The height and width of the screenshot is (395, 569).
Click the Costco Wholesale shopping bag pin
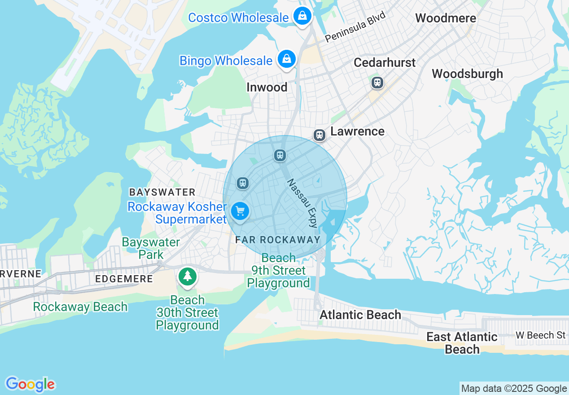click(x=303, y=17)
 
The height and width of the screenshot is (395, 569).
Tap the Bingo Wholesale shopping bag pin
click(x=286, y=59)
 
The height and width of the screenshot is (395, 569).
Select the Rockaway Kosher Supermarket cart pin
click(x=240, y=211)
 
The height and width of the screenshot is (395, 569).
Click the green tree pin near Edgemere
click(x=187, y=276)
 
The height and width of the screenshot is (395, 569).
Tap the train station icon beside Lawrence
click(x=319, y=135)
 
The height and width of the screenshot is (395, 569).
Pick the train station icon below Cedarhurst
click(x=377, y=83)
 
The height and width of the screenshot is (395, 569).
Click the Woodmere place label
click(x=445, y=18)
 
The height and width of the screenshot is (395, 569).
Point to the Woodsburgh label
click(x=467, y=74)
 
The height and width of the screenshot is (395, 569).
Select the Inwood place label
click(x=267, y=87)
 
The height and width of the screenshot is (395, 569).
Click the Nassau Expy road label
click(x=302, y=203)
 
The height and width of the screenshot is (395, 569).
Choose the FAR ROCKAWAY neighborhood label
click(x=278, y=240)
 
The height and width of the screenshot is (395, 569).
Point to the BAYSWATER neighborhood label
click(x=162, y=192)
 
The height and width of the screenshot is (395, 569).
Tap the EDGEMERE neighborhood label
click(x=124, y=279)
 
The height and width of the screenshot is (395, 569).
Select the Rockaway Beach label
click(x=80, y=307)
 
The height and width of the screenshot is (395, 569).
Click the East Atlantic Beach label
click(x=462, y=343)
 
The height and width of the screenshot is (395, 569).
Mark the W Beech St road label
click(x=540, y=335)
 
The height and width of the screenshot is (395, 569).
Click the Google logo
click(x=30, y=384)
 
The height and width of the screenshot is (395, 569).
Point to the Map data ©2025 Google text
click(x=514, y=389)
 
